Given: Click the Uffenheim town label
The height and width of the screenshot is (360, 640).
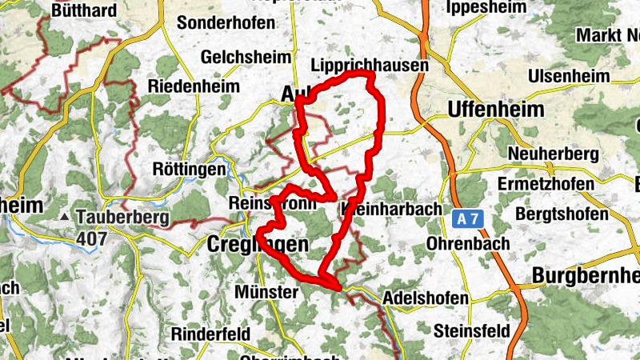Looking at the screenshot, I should click(497, 109).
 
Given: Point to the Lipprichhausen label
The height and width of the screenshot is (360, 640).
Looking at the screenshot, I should click(369, 65).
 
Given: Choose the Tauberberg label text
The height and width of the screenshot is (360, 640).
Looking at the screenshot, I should click(122, 217).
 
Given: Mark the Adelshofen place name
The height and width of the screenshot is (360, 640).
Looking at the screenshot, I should click(426, 298).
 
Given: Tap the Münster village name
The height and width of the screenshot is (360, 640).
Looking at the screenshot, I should click(266, 293).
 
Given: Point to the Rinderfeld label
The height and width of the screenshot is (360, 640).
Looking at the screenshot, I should click(210, 334).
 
